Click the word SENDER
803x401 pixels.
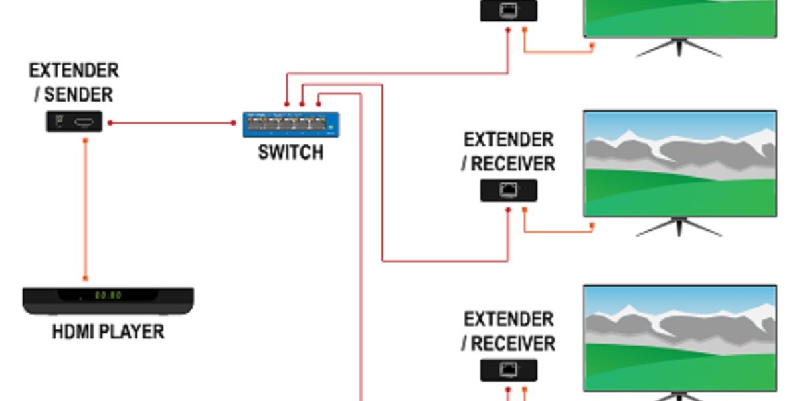(79, 94)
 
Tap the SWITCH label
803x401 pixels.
(290, 153)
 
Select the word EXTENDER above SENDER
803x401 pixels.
(74, 71)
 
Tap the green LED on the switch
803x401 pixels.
(330, 125)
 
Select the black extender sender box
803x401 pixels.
(74, 122)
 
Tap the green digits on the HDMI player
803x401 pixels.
(107, 295)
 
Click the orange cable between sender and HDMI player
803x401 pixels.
(86, 207)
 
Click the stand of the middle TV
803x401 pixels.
(679, 227)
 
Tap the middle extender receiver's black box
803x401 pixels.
(509, 191)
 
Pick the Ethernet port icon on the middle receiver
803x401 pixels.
(509, 191)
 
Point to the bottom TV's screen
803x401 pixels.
(680, 338)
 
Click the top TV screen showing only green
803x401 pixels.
(680, 17)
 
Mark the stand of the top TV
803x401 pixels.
(679, 48)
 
